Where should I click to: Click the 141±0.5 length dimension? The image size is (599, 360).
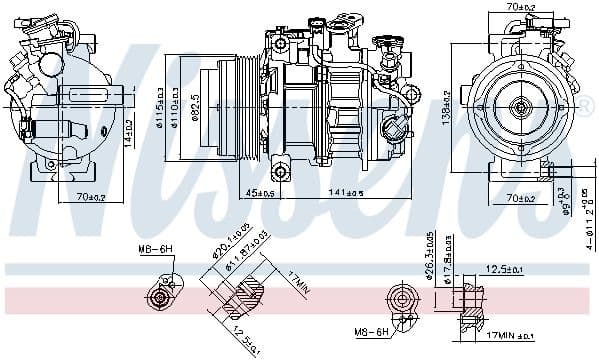(350, 193)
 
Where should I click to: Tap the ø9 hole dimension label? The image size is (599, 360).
(567, 208)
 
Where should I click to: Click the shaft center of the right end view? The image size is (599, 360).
(520, 106)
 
